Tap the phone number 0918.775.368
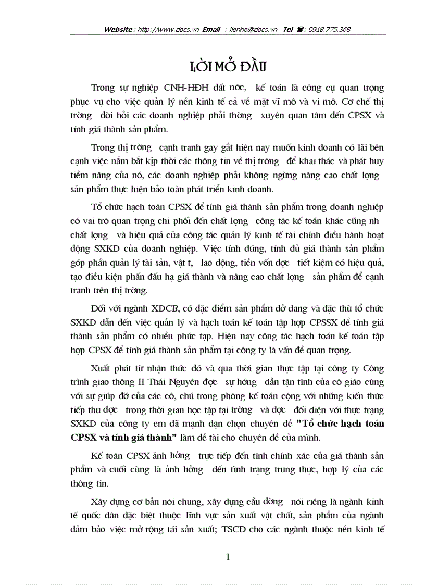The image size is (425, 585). click(x=329, y=30)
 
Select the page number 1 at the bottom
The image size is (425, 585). click(x=229, y=557)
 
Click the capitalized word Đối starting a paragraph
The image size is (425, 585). click(x=101, y=309)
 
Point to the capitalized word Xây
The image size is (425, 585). click(x=101, y=502)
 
